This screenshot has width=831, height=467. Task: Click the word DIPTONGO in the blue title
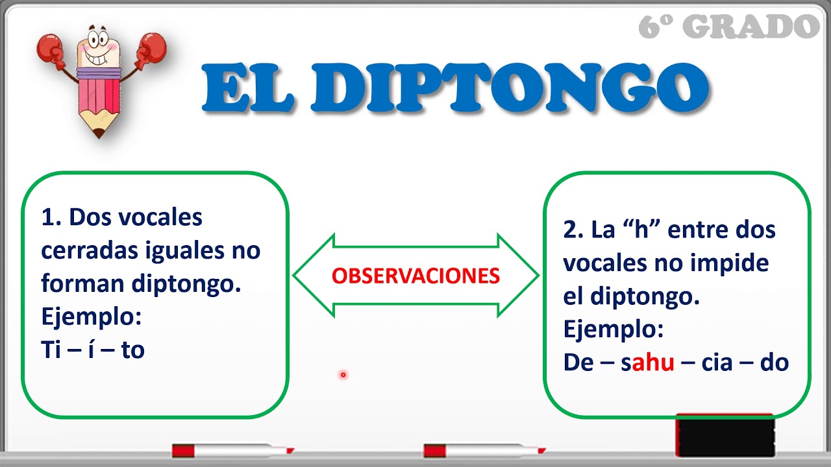[517, 88]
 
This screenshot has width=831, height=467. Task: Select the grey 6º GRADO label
[729, 27]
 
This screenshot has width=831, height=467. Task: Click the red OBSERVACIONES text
[415, 276]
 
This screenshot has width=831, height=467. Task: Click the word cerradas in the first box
[88, 251]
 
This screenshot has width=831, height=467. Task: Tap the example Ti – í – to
[92, 350]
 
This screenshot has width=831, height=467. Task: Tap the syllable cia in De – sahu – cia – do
[717, 363]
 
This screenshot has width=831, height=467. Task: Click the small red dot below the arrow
[343, 374]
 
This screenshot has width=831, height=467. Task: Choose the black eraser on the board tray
[725, 435]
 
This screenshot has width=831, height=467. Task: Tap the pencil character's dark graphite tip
[98, 134]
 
